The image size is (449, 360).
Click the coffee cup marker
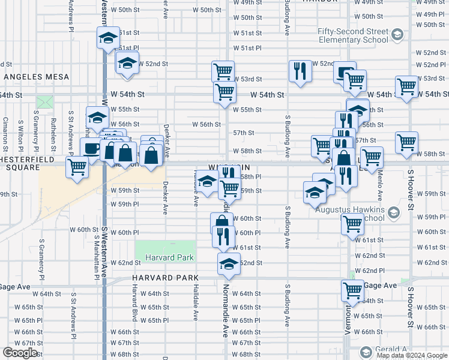[x=91, y=148]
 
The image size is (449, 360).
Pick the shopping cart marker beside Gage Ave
[x=352, y=290]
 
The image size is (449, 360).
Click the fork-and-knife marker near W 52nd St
[x=299, y=70]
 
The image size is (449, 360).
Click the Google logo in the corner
[x=19, y=353]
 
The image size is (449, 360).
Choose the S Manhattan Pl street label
[x=96, y=257]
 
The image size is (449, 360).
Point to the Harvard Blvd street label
[x=134, y=300]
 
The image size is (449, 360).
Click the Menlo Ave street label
[x=380, y=185]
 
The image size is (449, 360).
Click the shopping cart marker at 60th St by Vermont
[x=352, y=224]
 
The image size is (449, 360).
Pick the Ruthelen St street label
[x=53, y=130]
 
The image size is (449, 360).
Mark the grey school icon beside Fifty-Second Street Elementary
[x=396, y=36]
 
